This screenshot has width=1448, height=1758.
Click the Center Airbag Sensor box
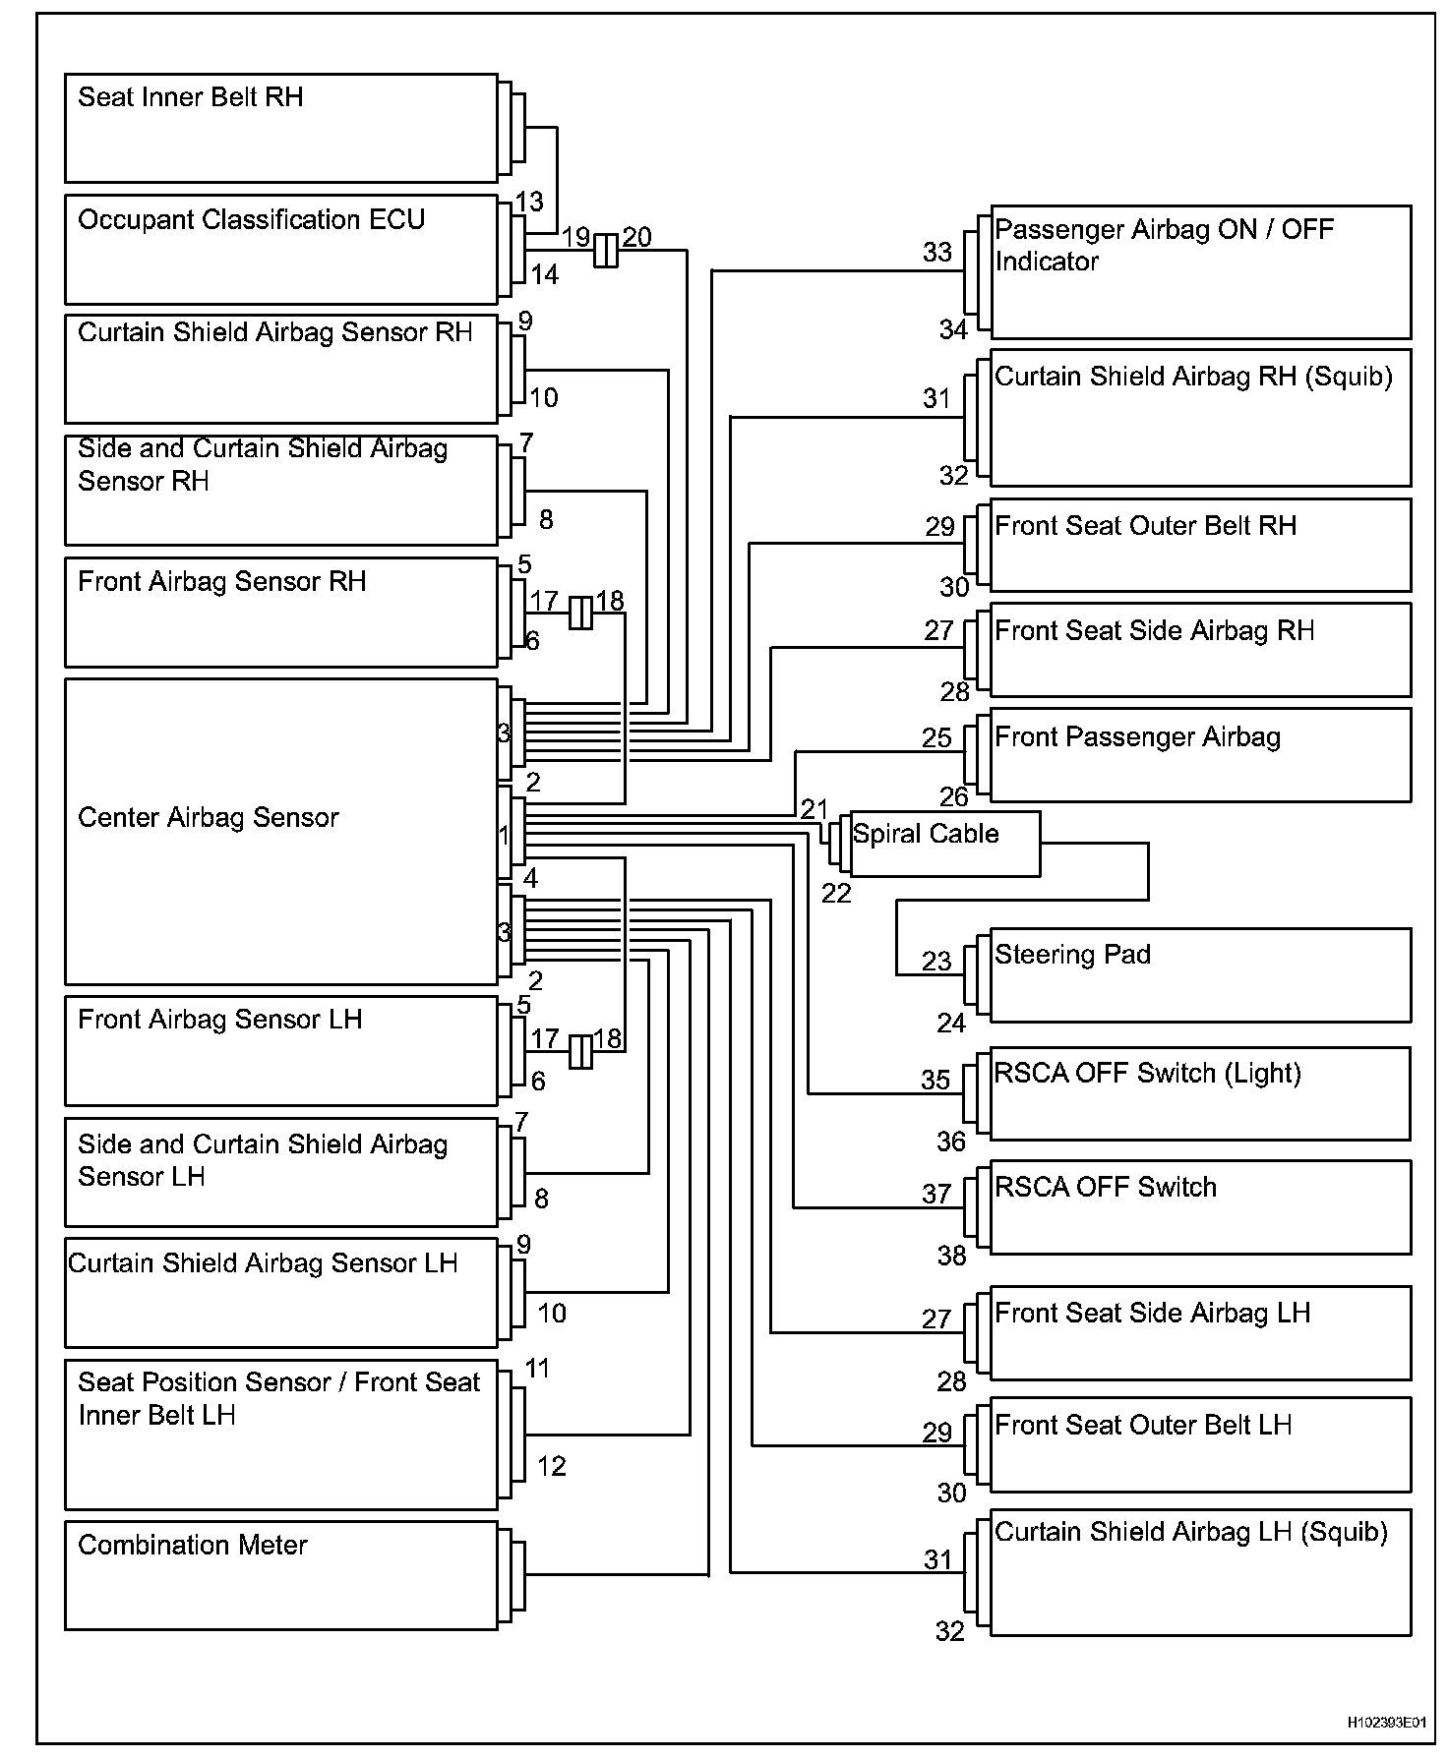tap(280, 831)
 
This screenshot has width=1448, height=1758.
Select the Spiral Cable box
tap(944, 844)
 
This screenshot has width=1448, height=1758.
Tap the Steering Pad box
tap(1200, 974)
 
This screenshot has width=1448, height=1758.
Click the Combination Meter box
tap(280, 1575)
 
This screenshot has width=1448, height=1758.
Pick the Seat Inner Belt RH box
tap(280, 128)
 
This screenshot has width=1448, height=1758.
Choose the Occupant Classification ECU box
tap(280, 249)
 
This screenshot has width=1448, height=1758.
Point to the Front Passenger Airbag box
tap(1200, 754)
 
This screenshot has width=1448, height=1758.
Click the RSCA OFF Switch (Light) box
tap(1200, 1093)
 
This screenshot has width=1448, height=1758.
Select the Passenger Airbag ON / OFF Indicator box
tap(1200, 271)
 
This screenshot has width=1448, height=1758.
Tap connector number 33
tap(937, 253)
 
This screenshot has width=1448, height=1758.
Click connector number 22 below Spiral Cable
tap(836, 893)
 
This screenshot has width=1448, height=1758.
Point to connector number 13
tap(529, 202)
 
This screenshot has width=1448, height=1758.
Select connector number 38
tap(951, 1255)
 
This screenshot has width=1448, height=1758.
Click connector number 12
tap(552, 1466)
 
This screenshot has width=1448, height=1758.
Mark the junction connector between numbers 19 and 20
tap(606, 251)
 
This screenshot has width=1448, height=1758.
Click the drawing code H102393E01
tap(1386, 1723)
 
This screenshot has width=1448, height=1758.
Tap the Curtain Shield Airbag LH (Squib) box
tap(1200, 1573)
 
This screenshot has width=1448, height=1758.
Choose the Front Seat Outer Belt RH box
tap(1200, 545)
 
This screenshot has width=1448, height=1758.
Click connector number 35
tap(935, 1080)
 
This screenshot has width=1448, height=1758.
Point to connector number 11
tap(537, 1368)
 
